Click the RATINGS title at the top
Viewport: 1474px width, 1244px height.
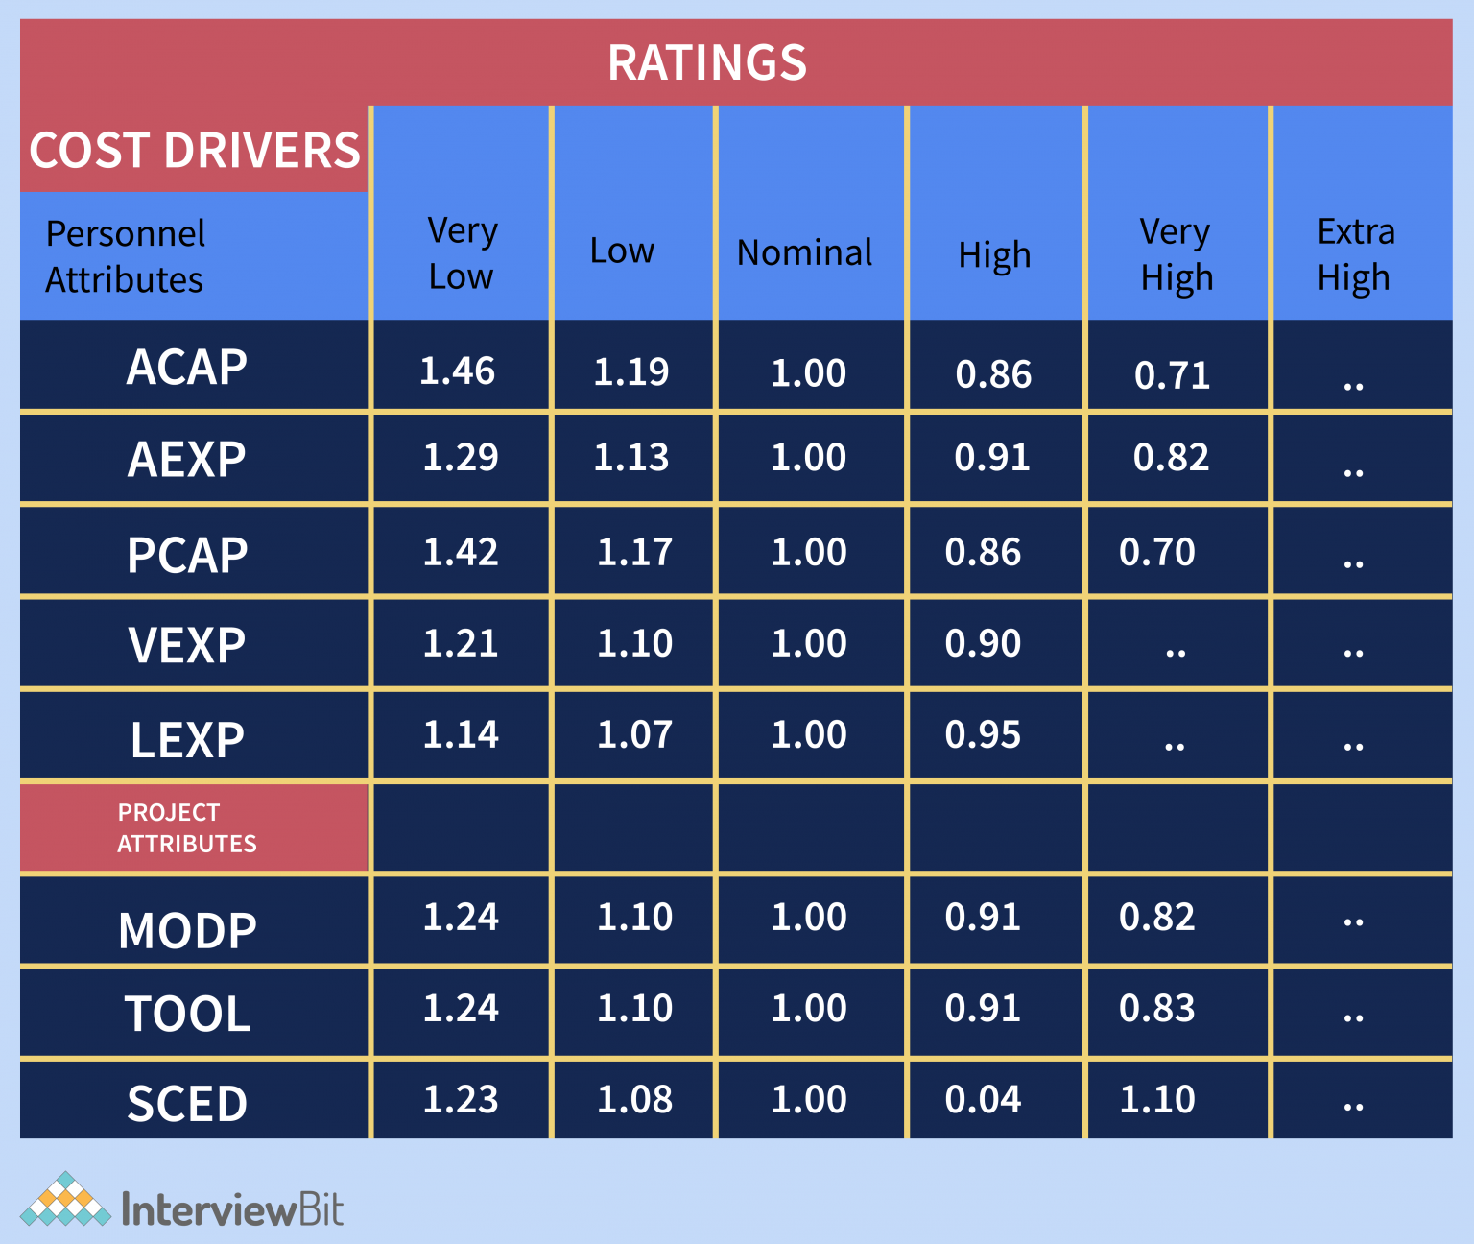tap(707, 63)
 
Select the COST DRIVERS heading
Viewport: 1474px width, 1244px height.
tap(195, 151)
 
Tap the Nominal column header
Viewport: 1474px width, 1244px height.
tap(804, 253)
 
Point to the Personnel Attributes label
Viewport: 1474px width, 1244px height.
tap(125, 256)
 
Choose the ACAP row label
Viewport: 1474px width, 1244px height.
tap(187, 368)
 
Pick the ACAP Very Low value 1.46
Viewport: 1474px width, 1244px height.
tap(458, 371)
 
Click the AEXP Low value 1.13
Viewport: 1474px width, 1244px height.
tap(631, 458)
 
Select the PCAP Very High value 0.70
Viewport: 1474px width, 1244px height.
tap(1157, 553)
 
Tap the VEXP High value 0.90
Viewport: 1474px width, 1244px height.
tap(983, 644)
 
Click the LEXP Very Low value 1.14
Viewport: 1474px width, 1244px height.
tap(461, 735)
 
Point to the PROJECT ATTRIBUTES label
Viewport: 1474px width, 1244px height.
tap(186, 827)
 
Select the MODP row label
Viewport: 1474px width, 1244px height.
tap(187, 930)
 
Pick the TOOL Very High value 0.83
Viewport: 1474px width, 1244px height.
tap(1157, 1009)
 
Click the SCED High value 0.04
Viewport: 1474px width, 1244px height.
tap(983, 1100)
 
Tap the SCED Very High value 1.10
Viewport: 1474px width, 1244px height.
tap(1157, 1100)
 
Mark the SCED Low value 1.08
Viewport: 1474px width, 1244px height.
tap(634, 1100)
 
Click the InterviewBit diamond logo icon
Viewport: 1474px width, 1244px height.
tap(65, 1200)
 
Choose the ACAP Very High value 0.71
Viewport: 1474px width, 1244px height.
tap(1172, 375)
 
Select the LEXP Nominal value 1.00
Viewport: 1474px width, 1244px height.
tap(809, 735)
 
